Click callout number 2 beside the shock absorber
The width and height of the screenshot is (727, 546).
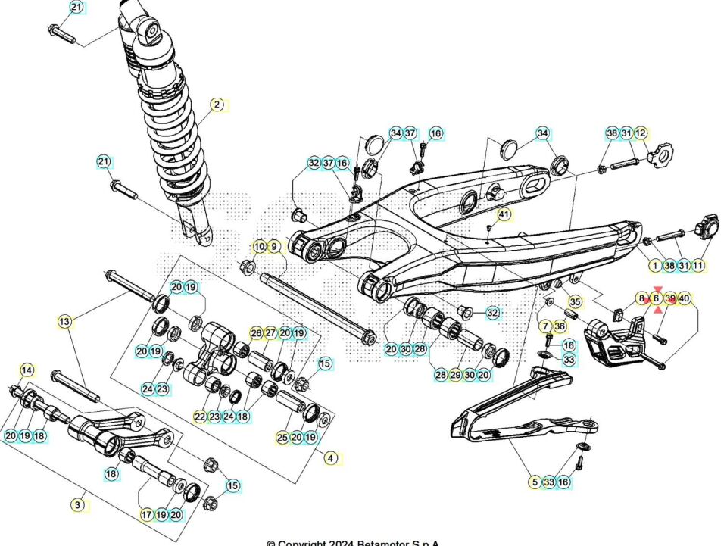(217, 105)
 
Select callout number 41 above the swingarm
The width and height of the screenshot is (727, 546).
(504, 214)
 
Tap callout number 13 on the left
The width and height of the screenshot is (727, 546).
(65, 322)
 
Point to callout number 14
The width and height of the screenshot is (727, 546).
(27, 370)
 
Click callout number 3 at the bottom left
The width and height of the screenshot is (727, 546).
(77, 504)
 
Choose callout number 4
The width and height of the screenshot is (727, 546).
(330, 457)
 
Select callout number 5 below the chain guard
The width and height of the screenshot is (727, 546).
(535, 482)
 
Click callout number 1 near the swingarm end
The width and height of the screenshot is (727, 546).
(655, 265)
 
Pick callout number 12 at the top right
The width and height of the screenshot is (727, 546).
(641, 133)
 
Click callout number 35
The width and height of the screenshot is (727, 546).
(575, 301)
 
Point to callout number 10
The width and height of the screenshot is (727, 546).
(259, 246)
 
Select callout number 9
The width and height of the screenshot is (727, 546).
(273, 246)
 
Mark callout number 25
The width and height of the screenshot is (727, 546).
(282, 438)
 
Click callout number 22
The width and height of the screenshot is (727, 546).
(200, 417)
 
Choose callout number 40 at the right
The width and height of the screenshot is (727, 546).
(685, 298)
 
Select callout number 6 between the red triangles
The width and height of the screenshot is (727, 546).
(656, 298)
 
